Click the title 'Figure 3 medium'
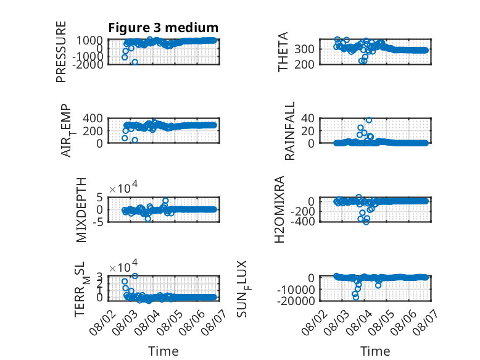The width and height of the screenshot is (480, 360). [163, 28]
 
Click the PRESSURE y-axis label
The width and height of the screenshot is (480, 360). [61, 52]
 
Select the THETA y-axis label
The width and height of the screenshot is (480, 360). [283, 52]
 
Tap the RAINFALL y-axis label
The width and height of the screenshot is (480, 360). [289, 131]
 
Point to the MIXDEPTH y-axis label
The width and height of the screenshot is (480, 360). [81, 210]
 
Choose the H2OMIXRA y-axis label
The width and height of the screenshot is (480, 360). [279, 209]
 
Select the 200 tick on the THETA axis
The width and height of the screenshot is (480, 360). [304, 65]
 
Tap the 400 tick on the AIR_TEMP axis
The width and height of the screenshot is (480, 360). [93, 118]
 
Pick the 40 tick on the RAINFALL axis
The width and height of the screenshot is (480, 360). [308, 118]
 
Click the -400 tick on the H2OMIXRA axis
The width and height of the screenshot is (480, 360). [302, 221]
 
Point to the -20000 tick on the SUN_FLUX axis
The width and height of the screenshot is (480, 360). [296, 301]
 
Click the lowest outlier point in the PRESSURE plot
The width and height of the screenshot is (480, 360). [134, 62]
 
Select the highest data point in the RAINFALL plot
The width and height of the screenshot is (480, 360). [369, 120]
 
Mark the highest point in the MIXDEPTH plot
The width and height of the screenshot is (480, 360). [165, 201]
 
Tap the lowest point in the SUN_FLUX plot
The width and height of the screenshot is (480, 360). [356, 298]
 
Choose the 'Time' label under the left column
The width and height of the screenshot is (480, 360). [163, 351]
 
